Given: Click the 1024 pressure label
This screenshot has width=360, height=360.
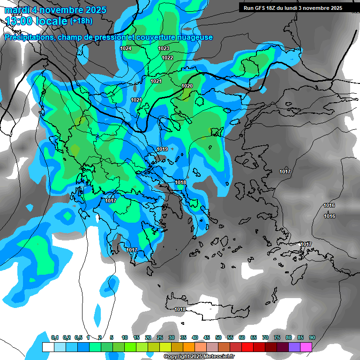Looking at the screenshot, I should [x=126, y=48].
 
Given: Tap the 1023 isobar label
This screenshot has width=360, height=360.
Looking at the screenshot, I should [x=164, y=48].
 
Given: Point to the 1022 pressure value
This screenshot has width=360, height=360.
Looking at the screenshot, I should [x=167, y=58].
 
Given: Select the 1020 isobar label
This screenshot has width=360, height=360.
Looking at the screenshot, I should [x=187, y=86].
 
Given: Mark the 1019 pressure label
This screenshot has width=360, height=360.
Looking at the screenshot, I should [x=162, y=149].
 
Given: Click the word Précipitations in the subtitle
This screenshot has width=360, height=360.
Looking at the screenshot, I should [x=28, y=37].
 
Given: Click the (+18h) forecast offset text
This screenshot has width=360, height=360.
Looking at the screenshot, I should [x=81, y=21].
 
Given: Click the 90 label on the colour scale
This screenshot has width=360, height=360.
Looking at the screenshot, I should [x=312, y=337].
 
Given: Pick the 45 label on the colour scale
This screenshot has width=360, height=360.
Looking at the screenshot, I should [x=207, y=337].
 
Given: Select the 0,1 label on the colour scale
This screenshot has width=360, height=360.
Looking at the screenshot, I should [x=55, y=337].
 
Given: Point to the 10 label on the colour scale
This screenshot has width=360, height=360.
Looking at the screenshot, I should [x=125, y=337].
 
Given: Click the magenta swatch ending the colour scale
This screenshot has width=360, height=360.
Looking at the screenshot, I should [x=306, y=347].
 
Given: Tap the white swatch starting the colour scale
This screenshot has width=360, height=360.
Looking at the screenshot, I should [x=48, y=347].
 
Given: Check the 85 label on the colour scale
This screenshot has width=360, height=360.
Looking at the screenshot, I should [x=300, y=337].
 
